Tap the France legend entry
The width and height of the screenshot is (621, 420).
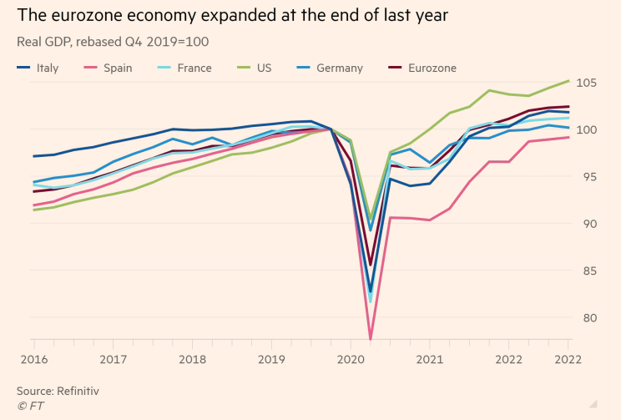click(185, 68)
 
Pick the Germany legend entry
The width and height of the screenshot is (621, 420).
click(330, 68)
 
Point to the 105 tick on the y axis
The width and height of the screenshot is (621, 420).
click(587, 83)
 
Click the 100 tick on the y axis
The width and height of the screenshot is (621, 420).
click(587, 129)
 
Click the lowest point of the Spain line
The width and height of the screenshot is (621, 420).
click(371, 339)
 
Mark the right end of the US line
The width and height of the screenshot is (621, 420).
click(569, 80)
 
